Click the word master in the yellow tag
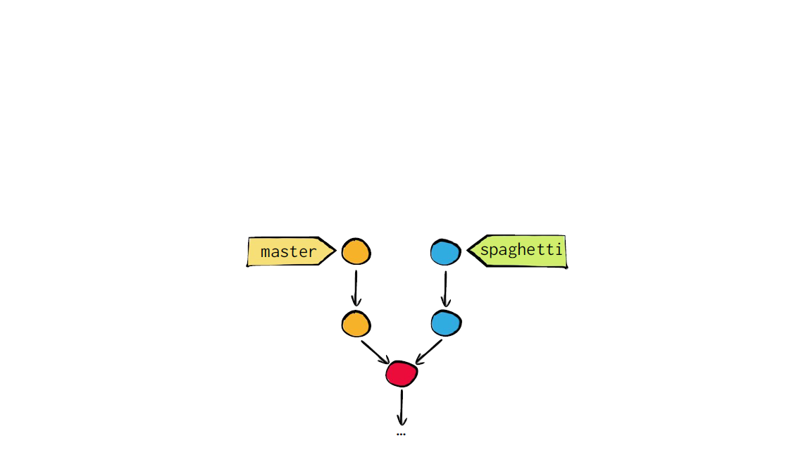coord(289,252)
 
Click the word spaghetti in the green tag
coord(521,250)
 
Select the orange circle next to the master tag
coord(356,251)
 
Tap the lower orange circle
coord(356,324)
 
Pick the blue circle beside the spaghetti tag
coord(445,252)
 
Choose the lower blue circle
coord(446,323)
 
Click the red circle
coord(402,373)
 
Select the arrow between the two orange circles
coord(356,288)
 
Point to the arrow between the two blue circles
coord(445,289)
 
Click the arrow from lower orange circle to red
coord(375,352)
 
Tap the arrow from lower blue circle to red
coord(428,351)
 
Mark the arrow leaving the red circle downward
coord(402,408)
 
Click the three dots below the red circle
coord(401,435)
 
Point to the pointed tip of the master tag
coord(335,251)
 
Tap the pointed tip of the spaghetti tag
coord(467,250)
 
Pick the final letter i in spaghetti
coord(559,249)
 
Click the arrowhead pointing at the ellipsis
coord(402,421)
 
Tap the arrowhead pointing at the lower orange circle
coord(356,301)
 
